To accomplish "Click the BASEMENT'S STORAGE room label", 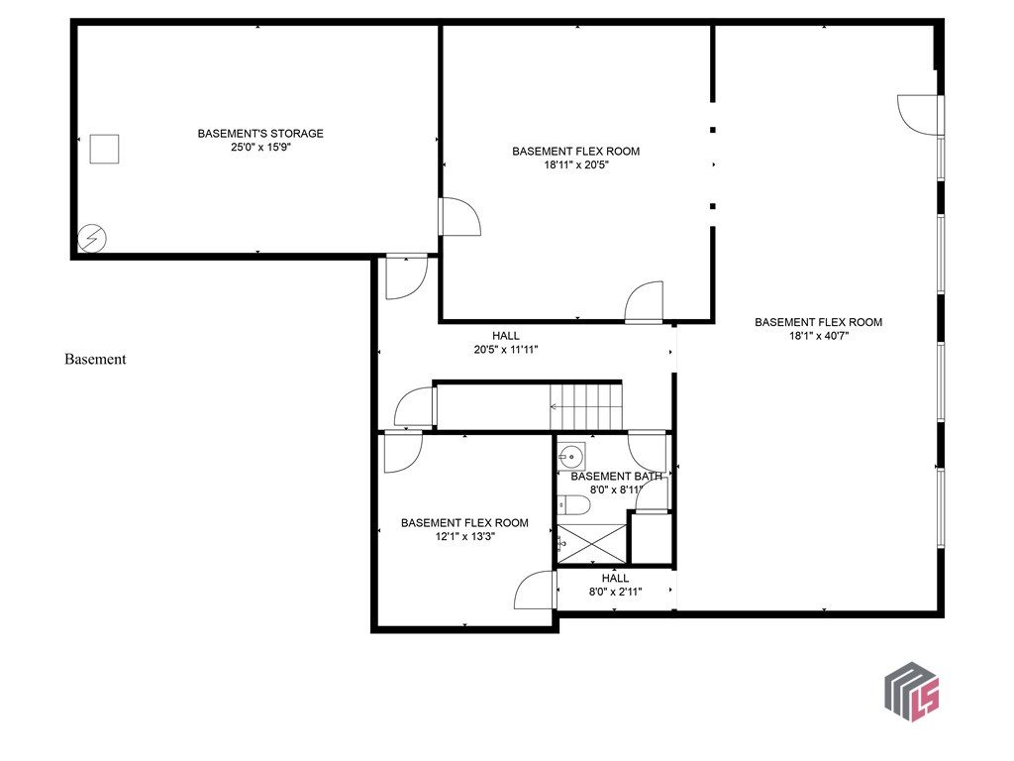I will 260,133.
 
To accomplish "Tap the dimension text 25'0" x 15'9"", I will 260,147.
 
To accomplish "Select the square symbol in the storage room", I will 104,149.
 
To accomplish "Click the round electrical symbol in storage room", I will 92,238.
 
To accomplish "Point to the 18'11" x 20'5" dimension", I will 575,165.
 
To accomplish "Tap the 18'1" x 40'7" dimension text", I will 818,336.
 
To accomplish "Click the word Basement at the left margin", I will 95,360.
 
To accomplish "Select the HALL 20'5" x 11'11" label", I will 506,343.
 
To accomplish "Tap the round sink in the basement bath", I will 570,458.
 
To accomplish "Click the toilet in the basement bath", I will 573,506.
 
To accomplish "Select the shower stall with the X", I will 591,544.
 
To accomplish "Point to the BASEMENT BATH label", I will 616,477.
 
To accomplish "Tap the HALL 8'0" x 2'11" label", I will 615,585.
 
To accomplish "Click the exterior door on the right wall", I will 920,115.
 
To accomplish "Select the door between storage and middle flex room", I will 459,217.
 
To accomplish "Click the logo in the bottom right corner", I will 911,691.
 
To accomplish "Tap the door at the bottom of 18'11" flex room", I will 644,301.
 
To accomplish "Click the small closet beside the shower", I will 651,538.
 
